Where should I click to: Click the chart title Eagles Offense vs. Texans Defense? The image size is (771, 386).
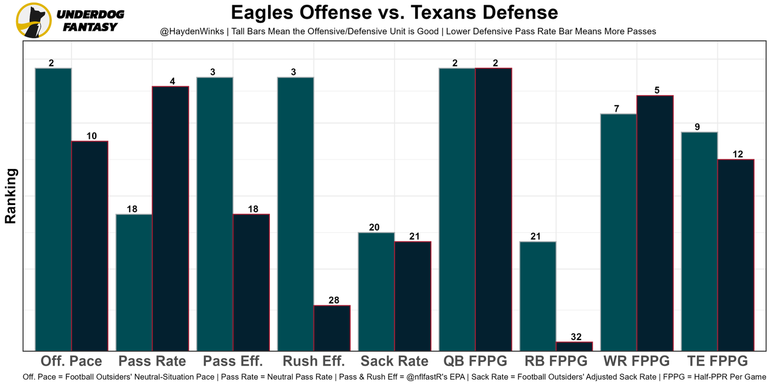coord(394,12)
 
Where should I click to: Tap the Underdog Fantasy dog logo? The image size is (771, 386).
coord(34,21)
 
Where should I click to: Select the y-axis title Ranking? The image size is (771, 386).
coord(11,196)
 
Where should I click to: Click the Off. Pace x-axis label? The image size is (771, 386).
coord(71,361)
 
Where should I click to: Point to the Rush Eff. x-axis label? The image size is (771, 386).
coord(313,361)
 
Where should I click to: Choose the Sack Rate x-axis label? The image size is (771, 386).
coord(395,361)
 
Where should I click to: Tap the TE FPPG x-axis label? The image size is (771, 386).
coord(717,361)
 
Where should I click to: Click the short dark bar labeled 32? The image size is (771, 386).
coord(574,346)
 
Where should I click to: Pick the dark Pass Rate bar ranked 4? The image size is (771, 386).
coord(170,218)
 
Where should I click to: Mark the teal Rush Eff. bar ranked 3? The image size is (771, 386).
coord(296,214)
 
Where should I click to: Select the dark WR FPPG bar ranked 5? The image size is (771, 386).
coord(655,223)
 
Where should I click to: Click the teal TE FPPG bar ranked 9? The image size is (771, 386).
coord(699,241)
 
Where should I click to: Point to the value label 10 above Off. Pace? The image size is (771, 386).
coord(91,136)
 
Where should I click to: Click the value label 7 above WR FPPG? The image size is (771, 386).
coord(617,109)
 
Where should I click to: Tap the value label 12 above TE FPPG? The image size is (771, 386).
coord(737,154)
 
